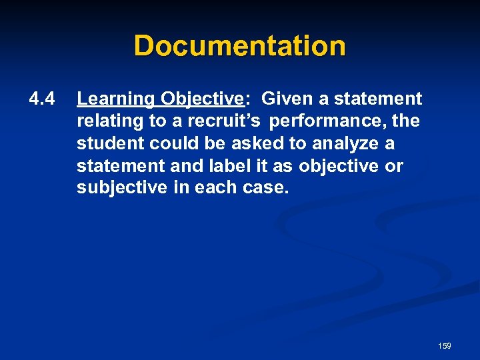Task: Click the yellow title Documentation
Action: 239,46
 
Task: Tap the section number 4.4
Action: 41,99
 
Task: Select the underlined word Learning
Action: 115,99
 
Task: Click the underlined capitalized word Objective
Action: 201,99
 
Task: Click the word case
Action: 267,187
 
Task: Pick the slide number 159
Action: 445,346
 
